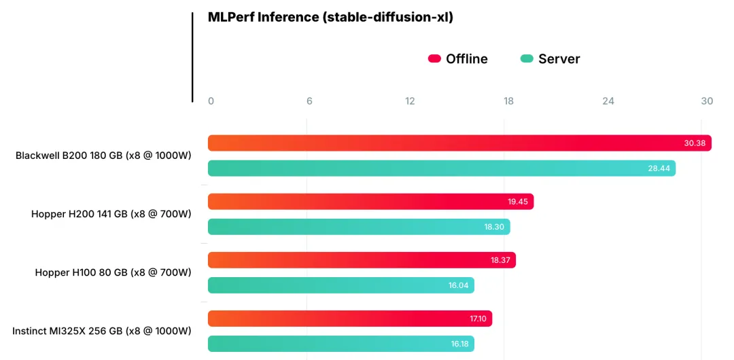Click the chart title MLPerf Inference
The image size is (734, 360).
[x=330, y=18]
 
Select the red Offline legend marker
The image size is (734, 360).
[x=434, y=59]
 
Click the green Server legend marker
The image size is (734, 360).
[x=527, y=59]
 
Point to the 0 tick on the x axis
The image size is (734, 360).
[x=211, y=101]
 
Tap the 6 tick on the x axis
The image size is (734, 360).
[x=309, y=101]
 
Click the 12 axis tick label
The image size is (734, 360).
[x=410, y=101]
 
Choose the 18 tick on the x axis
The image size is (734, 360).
[x=508, y=101]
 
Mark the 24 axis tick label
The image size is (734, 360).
[x=608, y=101]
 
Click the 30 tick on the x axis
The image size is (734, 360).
[x=707, y=101]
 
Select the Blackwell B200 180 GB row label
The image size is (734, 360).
[x=103, y=156]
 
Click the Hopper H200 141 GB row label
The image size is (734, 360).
[x=111, y=214]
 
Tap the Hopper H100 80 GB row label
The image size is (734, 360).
[x=113, y=272]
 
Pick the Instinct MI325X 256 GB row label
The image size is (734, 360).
[x=101, y=331]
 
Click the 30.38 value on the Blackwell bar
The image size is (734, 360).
[x=695, y=143]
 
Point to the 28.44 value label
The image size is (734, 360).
[x=659, y=168]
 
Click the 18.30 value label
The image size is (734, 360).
[x=494, y=227]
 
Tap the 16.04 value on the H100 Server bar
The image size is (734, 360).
[x=458, y=286]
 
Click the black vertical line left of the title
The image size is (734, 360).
[x=192, y=57]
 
